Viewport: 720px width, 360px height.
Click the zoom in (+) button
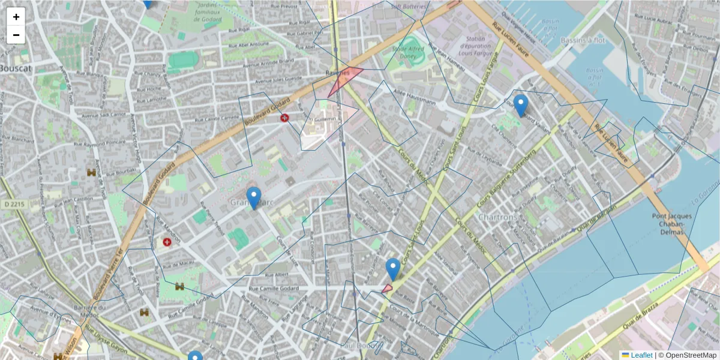pyautogui.click(x=16, y=17)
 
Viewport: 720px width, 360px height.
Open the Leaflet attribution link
pyautogui.click(x=641, y=355)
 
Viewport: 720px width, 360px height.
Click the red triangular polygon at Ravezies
pyautogui.click(x=344, y=82)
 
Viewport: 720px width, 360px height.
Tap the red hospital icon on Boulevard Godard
pyautogui.click(x=284, y=118)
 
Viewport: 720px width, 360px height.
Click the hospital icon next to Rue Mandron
pyautogui.click(x=167, y=242)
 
